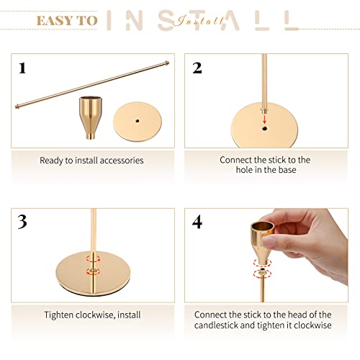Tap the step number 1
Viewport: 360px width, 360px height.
point(22,68)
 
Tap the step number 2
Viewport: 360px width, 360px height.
point(197,68)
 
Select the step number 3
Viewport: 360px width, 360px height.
point(22,222)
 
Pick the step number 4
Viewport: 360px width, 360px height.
point(197,222)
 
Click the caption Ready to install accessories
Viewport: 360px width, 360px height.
point(91,161)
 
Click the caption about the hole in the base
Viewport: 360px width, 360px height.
point(265,165)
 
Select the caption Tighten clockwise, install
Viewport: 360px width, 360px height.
point(91,315)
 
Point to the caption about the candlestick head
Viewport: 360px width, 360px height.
point(265,319)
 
